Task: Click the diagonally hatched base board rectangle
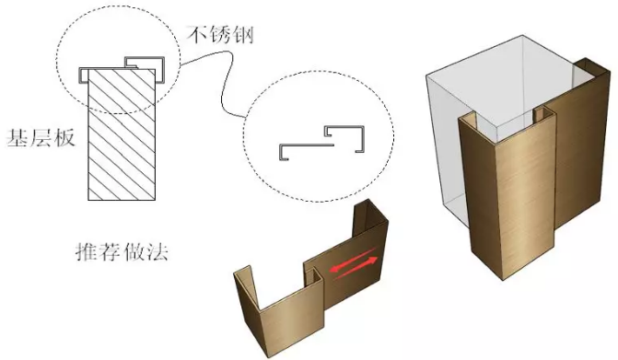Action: (119, 138)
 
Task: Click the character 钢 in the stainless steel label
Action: (242, 37)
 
